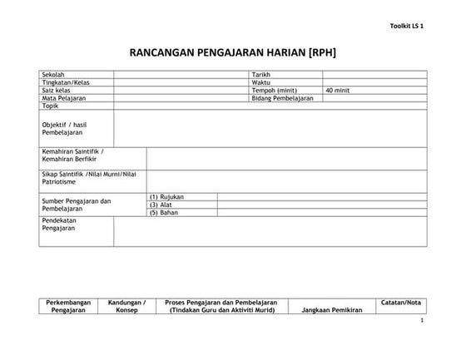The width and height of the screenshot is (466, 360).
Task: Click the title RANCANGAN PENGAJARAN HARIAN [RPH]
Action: (x=232, y=52)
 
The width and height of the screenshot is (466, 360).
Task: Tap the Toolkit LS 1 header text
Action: (x=406, y=27)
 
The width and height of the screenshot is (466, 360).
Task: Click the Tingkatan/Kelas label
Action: (x=64, y=82)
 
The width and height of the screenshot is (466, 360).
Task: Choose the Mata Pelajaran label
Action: (x=63, y=98)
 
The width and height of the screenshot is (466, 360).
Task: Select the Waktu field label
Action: (x=260, y=82)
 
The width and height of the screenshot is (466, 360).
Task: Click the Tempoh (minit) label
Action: (x=274, y=90)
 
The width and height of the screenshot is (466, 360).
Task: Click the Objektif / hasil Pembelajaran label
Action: (x=64, y=128)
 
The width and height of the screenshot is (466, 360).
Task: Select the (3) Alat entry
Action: (x=161, y=205)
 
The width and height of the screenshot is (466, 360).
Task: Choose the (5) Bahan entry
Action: (x=164, y=212)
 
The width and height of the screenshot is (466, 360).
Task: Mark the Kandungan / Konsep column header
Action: (x=127, y=306)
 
